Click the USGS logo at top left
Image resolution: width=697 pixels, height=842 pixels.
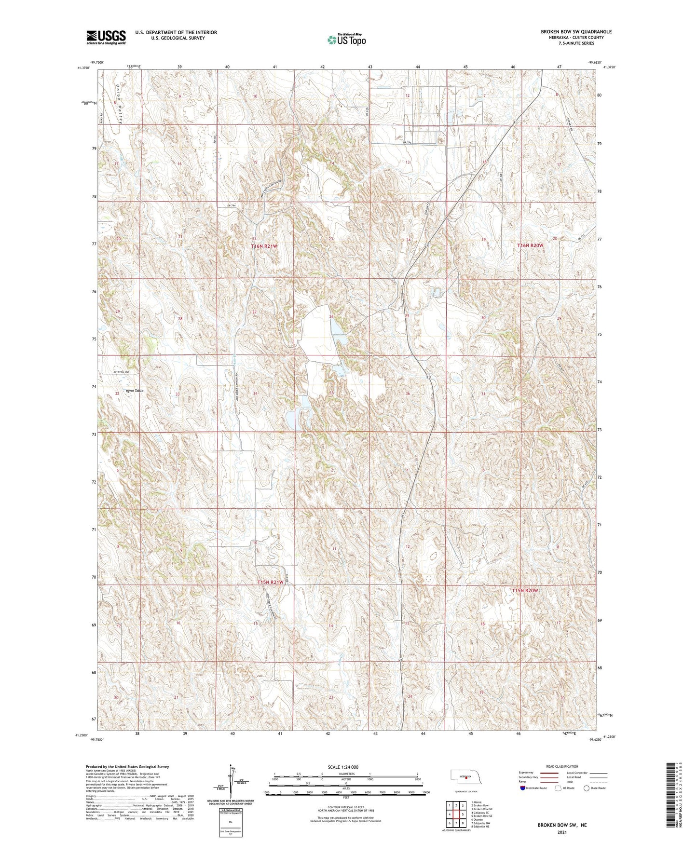pos(106,37)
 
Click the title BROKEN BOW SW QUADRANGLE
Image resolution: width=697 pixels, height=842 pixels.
pos(576,32)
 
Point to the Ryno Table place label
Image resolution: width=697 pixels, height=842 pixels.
pos(135,391)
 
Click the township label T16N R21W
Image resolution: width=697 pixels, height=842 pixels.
pos(264,246)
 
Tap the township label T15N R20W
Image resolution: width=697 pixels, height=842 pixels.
pos(524,590)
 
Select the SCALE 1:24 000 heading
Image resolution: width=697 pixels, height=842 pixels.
pos(342,767)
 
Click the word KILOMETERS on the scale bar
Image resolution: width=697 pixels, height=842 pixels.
pos(345,774)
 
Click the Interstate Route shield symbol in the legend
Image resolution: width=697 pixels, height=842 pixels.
pos(523,788)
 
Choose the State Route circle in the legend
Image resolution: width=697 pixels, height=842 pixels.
pos(587,788)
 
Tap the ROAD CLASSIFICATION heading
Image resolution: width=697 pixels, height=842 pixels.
pos(562,766)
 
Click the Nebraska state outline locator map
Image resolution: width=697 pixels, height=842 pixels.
pos(467,778)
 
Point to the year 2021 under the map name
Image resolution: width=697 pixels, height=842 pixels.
pos(561,832)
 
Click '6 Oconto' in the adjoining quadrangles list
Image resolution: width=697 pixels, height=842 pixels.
pos(480,820)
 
